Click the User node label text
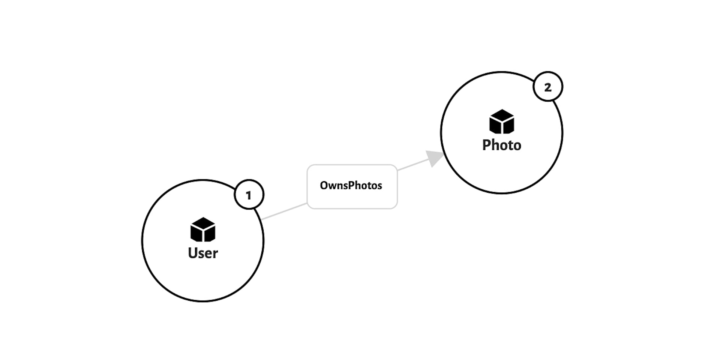coord(203,253)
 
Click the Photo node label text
coord(501,145)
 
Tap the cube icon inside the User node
coord(203,229)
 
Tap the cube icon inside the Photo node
coord(501,121)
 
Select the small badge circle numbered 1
coord(249,195)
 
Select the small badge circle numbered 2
coord(547,87)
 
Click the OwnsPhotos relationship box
coord(352,186)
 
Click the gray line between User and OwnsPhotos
coord(284,211)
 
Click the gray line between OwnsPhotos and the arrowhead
coord(412,165)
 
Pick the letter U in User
coord(192,253)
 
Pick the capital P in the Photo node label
coord(486,145)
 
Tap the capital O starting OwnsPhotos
coord(324,185)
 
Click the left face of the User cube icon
coord(196,234)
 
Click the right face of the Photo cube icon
coord(508,126)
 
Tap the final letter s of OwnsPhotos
coord(380,186)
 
